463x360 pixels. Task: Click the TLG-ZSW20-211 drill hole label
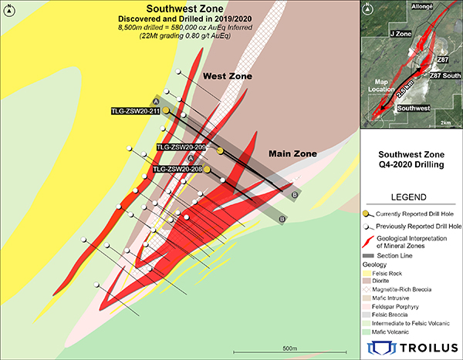click(136, 111)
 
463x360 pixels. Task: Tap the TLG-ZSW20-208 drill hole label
click(177, 169)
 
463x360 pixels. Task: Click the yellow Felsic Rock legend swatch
click(367, 272)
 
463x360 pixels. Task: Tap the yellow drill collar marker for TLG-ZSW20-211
click(166, 111)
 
